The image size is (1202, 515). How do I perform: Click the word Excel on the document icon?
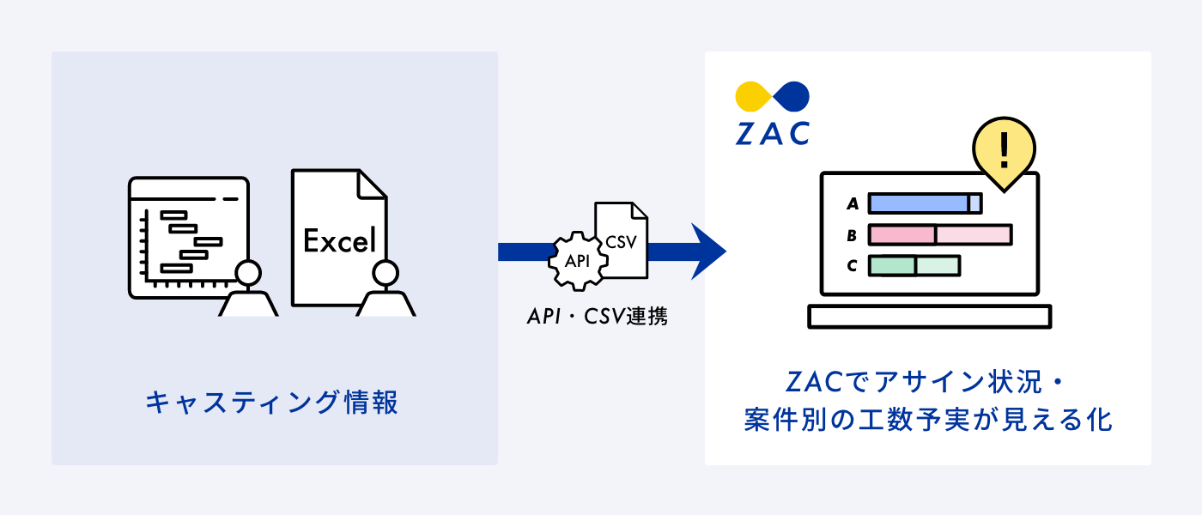point(340,241)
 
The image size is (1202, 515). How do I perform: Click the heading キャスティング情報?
point(272,402)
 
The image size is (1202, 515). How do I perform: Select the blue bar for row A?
point(924,203)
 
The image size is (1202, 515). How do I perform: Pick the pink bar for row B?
point(939,234)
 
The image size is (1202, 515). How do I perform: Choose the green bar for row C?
point(914,265)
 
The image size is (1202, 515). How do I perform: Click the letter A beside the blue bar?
point(853,203)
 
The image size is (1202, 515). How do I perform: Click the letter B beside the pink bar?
point(852,234)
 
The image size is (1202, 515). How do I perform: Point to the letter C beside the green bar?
point(852,265)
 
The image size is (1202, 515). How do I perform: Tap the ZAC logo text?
point(772,133)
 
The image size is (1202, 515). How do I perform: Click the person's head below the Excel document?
point(385,274)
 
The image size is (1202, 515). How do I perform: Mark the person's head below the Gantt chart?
point(248,274)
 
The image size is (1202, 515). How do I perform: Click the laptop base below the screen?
point(930,317)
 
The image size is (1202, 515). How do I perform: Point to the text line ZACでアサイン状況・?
point(927,380)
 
